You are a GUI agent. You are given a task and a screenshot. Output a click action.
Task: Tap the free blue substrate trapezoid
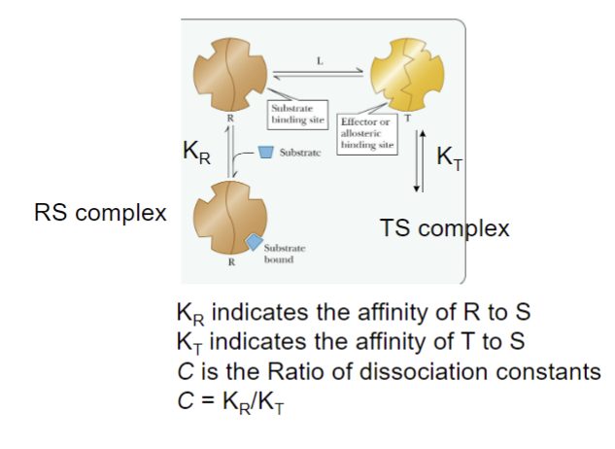(x=266, y=152)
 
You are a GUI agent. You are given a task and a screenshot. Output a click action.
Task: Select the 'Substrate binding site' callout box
(x=297, y=114)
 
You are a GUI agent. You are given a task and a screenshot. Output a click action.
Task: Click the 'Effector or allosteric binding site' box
(x=364, y=134)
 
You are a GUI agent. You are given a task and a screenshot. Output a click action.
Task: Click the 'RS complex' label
(x=99, y=212)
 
